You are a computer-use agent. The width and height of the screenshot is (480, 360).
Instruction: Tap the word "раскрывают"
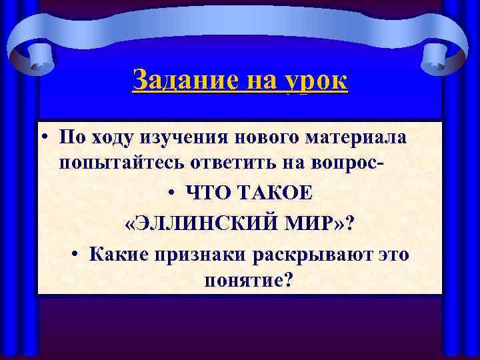[303, 253]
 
